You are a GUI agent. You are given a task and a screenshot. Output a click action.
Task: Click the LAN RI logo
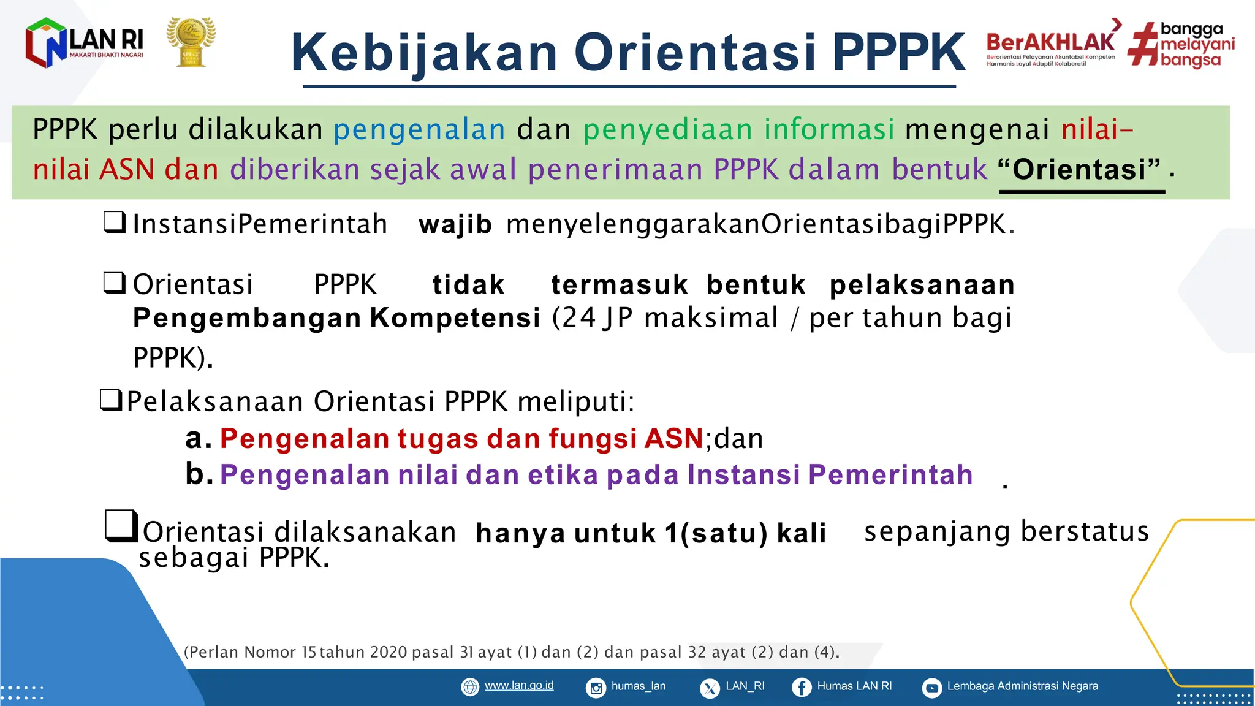click(84, 43)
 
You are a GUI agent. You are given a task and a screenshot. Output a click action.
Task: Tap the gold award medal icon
click(191, 42)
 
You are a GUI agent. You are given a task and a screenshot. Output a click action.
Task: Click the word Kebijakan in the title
click(424, 53)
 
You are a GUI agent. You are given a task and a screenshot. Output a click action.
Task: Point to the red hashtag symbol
click(1143, 44)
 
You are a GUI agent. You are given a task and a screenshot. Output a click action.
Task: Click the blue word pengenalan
click(419, 130)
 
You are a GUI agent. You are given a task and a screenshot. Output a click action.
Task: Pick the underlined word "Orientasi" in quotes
click(1080, 170)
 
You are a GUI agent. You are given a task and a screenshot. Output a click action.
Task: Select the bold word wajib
click(455, 225)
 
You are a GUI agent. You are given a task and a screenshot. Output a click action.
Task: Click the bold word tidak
click(468, 285)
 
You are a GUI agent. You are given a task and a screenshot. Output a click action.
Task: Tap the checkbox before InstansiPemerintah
click(115, 222)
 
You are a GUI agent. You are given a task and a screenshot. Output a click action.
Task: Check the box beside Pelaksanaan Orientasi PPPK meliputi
click(112, 400)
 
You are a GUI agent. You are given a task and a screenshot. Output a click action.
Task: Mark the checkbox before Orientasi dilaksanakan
click(121, 526)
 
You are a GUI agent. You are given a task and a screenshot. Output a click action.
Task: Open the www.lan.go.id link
click(518, 686)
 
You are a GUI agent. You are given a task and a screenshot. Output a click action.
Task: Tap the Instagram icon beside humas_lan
click(596, 688)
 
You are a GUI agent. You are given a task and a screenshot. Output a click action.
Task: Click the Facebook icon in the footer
click(801, 688)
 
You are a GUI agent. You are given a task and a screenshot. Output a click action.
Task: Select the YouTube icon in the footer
click(931, 688)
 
